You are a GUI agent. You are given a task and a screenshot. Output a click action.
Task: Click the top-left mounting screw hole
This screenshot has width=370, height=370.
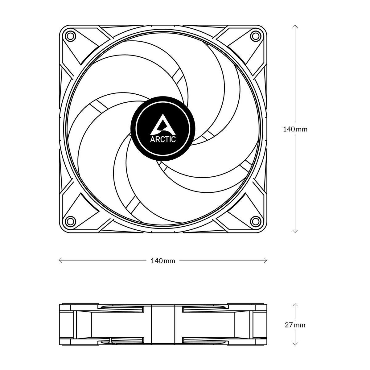(71, 36)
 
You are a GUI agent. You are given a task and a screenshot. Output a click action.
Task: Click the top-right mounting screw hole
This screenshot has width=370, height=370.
(255, 36)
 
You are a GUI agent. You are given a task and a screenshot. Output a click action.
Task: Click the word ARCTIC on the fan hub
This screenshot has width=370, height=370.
(163, 139)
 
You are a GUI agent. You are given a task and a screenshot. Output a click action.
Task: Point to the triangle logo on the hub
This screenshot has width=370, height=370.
(162, 124)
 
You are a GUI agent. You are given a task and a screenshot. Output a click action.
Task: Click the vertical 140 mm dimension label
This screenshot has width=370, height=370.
(295, 129)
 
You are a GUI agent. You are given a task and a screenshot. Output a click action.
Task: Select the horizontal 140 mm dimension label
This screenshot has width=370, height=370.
(163, 261)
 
